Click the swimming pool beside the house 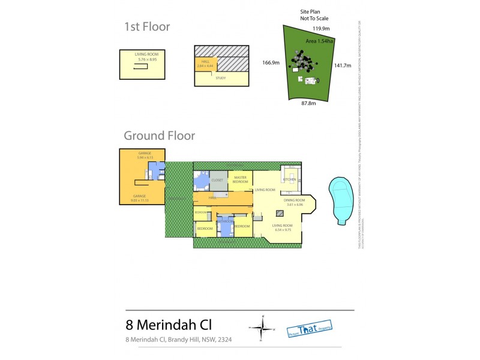pos(340,200)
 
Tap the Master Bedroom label pos(241,179)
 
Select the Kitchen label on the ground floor pos(289,179)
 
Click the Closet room pos(217,179)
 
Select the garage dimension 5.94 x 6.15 pos(146,157)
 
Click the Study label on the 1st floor pos(220,77)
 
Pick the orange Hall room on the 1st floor pos(205,64)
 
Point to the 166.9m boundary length pos(271,62)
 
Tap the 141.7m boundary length pos(343,65)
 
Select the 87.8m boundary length pos(308,103)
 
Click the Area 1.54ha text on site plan pos(320,41)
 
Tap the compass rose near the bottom pos(262,327)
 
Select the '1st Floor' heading pos(147,26)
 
